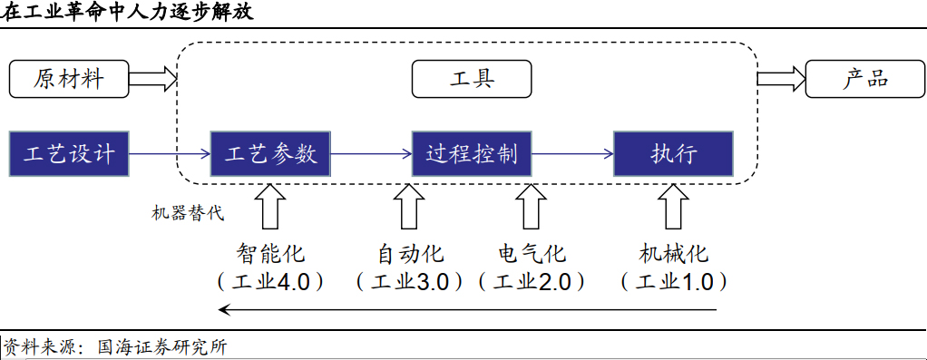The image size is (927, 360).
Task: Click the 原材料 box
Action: point(69,80)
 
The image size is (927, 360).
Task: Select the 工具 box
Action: point(472,80)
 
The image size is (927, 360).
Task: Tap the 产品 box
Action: point(865,80)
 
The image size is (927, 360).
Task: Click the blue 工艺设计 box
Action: point(69,153)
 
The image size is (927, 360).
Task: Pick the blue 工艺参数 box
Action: point(270,153)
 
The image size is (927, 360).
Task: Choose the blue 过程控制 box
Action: point(472,153)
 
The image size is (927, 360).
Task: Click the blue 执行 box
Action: point(673,153)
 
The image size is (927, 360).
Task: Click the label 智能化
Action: point(270,252)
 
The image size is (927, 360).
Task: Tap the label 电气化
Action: point(532,252)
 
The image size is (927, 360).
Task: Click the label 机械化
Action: point(673,252)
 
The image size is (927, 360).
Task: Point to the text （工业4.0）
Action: point(270,281)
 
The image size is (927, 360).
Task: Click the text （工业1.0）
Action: point(673,281)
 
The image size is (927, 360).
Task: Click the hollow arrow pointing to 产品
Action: point(780,80)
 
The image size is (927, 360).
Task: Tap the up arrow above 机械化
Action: point(673,207)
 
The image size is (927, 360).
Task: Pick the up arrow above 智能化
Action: point(270,207)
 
